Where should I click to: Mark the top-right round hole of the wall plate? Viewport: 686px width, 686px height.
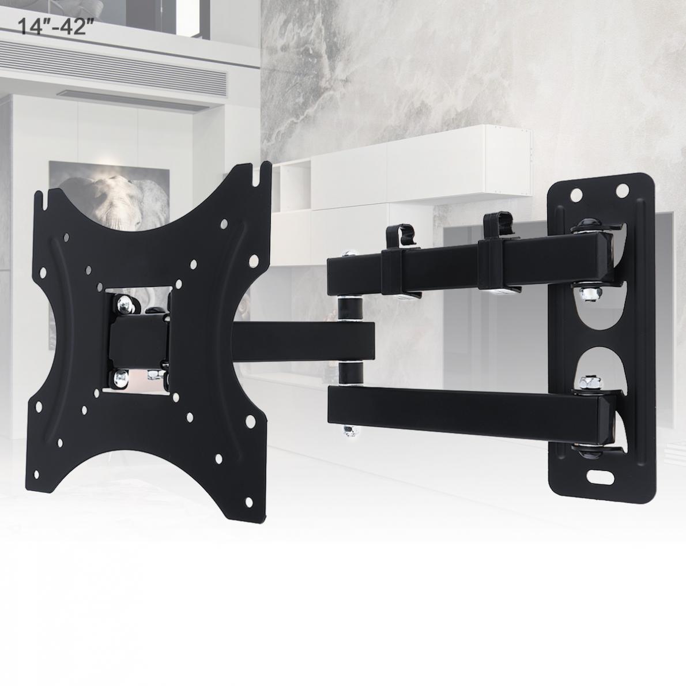[621, 189]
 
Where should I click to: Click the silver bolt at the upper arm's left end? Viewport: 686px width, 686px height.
[348, 254]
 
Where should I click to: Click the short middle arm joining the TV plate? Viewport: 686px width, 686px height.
[300, 341]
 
